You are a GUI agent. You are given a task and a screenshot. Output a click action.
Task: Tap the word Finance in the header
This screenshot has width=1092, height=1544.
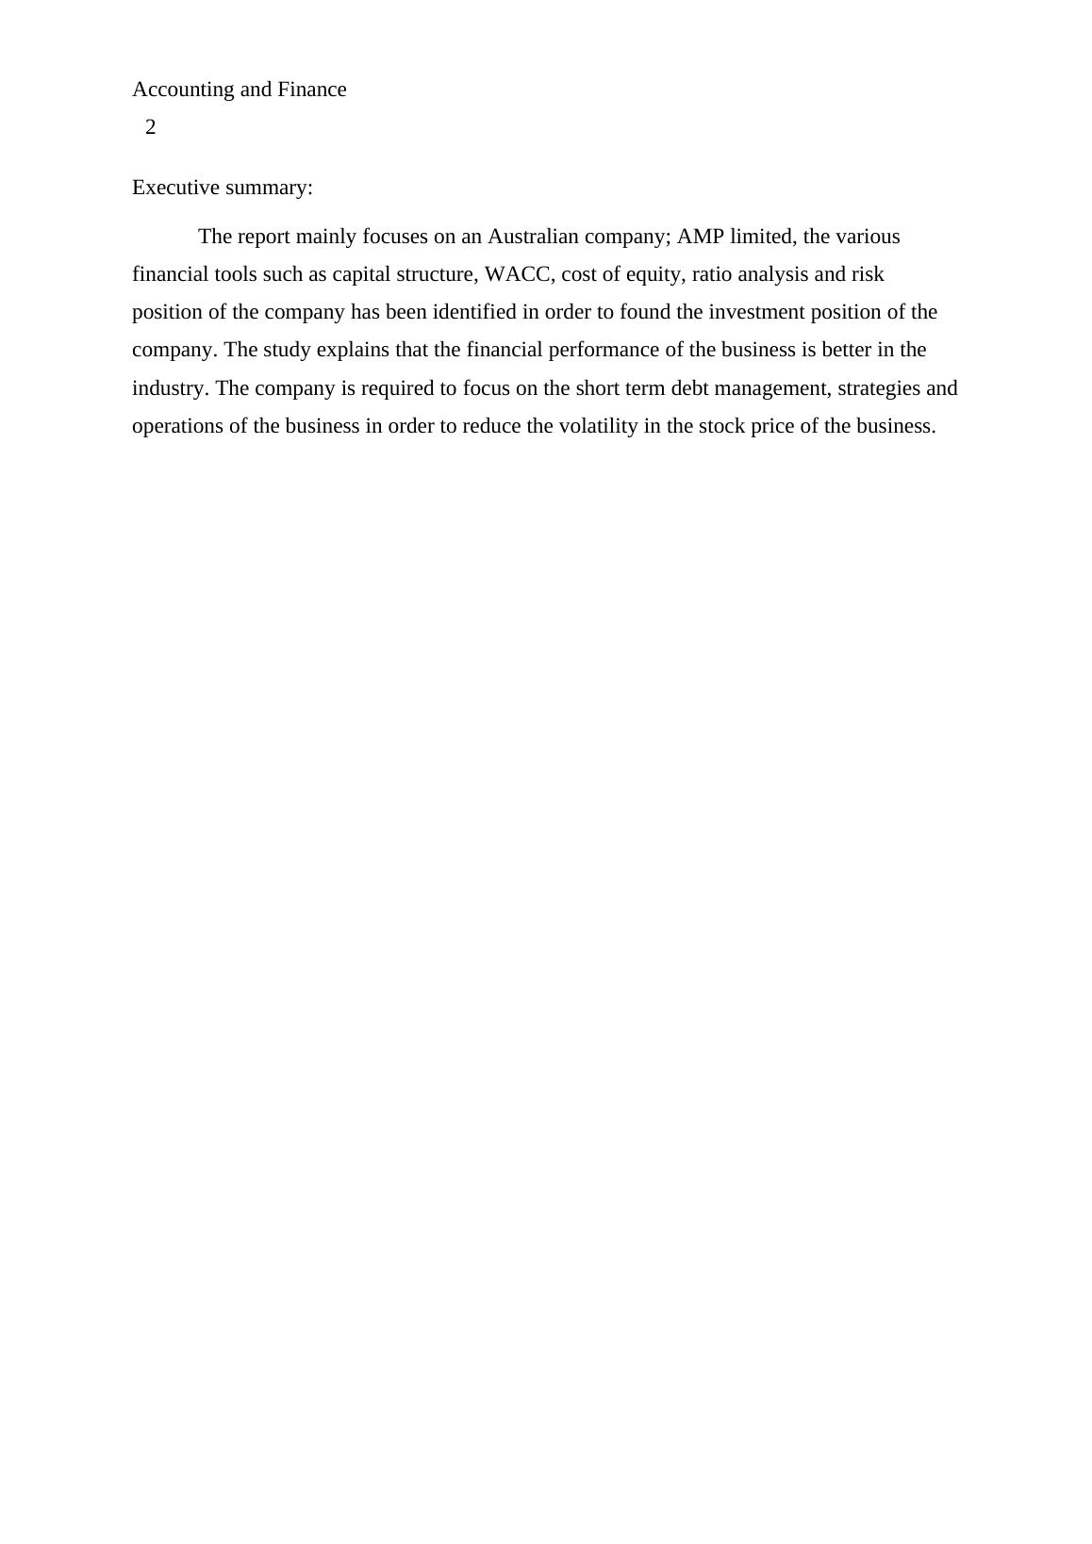[x=312, y=90]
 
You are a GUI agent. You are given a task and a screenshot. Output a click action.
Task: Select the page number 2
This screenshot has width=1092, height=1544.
[x=151, y=127]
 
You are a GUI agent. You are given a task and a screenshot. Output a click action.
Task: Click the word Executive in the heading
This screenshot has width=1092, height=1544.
[x=175, y=188]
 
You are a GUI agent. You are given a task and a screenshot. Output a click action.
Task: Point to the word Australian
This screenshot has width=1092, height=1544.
[x=533, y=237]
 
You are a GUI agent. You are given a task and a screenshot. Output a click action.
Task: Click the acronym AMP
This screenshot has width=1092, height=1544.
[x=701, y=237]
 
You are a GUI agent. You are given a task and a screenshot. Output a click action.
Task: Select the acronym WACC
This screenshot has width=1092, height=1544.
[x=517, y=274]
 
